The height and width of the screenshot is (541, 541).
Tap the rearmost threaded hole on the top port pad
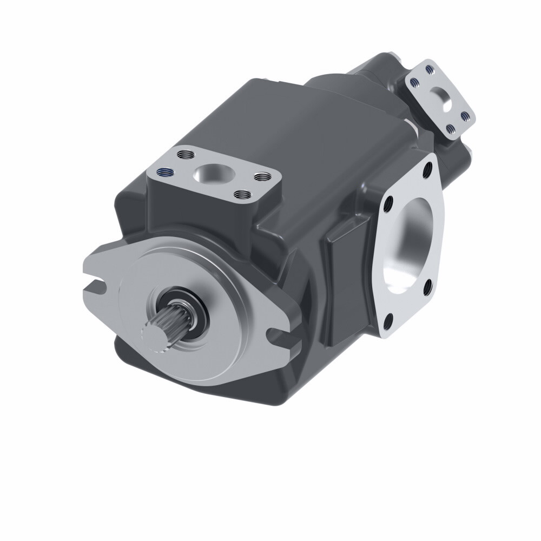tap(187, 155)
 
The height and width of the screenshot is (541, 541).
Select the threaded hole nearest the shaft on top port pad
tap(242, 194)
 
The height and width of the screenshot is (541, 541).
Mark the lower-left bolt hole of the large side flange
tap(388, 323)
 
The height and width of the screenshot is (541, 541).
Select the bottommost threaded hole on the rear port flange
tap(450, 128)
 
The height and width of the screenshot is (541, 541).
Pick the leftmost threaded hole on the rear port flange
tap(414, 83)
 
